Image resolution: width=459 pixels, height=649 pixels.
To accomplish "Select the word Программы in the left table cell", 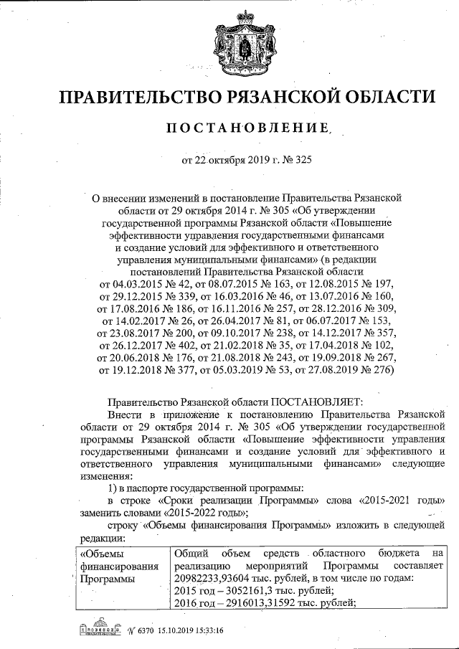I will tap(105, 578).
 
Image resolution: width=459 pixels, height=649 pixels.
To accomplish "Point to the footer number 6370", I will tap(138, 630).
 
